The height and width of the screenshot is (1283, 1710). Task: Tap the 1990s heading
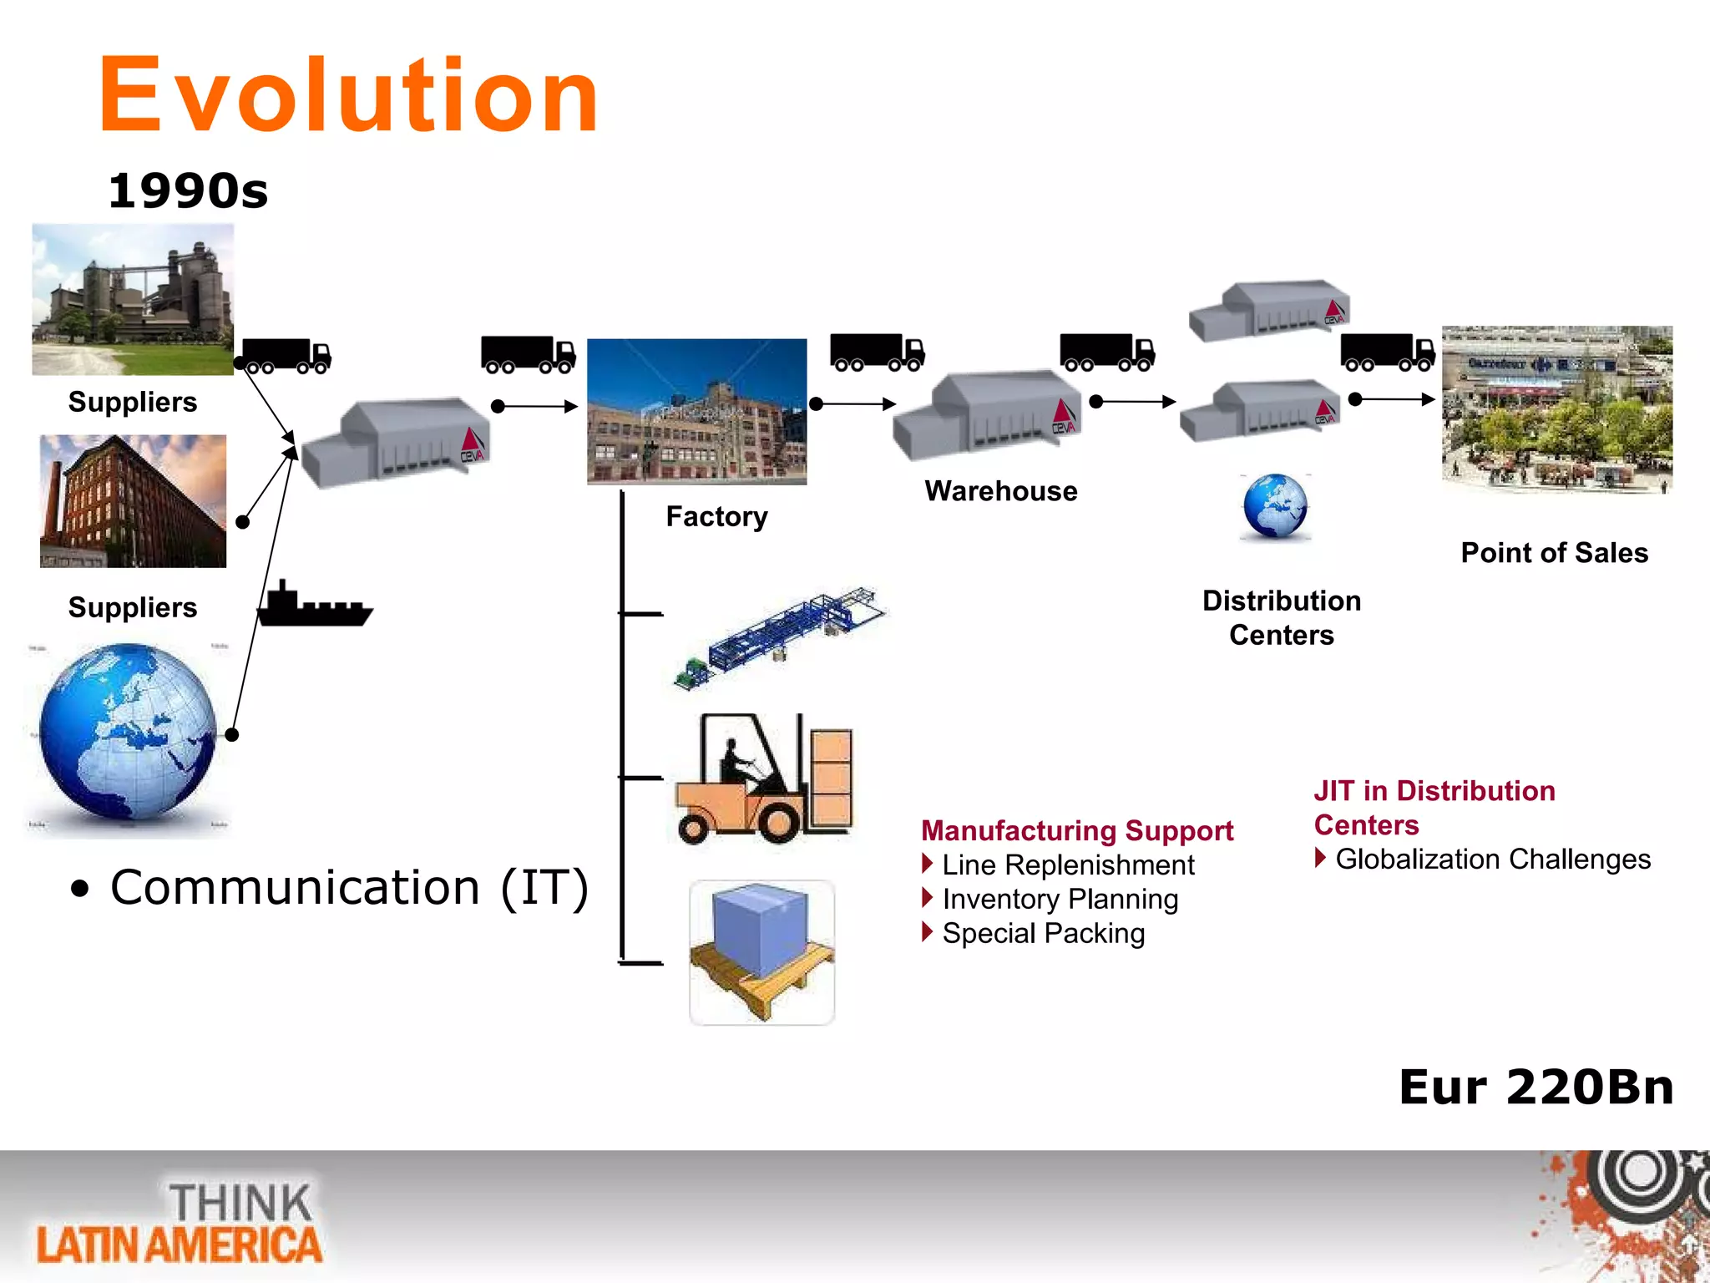point(189,191)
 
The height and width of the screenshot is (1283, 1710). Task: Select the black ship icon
point(314,605)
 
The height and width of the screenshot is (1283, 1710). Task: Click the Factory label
point(716,517)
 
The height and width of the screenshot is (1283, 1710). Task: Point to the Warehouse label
point(1000,491)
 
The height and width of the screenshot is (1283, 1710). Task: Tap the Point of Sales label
point(1554,553)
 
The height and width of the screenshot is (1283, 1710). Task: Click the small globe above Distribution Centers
point(1275,506)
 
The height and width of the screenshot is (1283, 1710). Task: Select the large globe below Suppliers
point(128,733)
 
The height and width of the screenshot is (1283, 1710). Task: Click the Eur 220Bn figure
point(1536,1088)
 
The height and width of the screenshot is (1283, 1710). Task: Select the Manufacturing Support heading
point(1077,830)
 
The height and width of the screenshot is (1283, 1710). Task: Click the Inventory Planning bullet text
point(1060,899)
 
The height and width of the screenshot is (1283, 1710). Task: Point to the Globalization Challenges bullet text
point(1492,859)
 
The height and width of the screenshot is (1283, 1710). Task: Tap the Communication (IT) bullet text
point(349,887)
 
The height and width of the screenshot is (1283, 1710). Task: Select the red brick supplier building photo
point(133,501)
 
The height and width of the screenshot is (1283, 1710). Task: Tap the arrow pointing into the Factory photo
point(535,407)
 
